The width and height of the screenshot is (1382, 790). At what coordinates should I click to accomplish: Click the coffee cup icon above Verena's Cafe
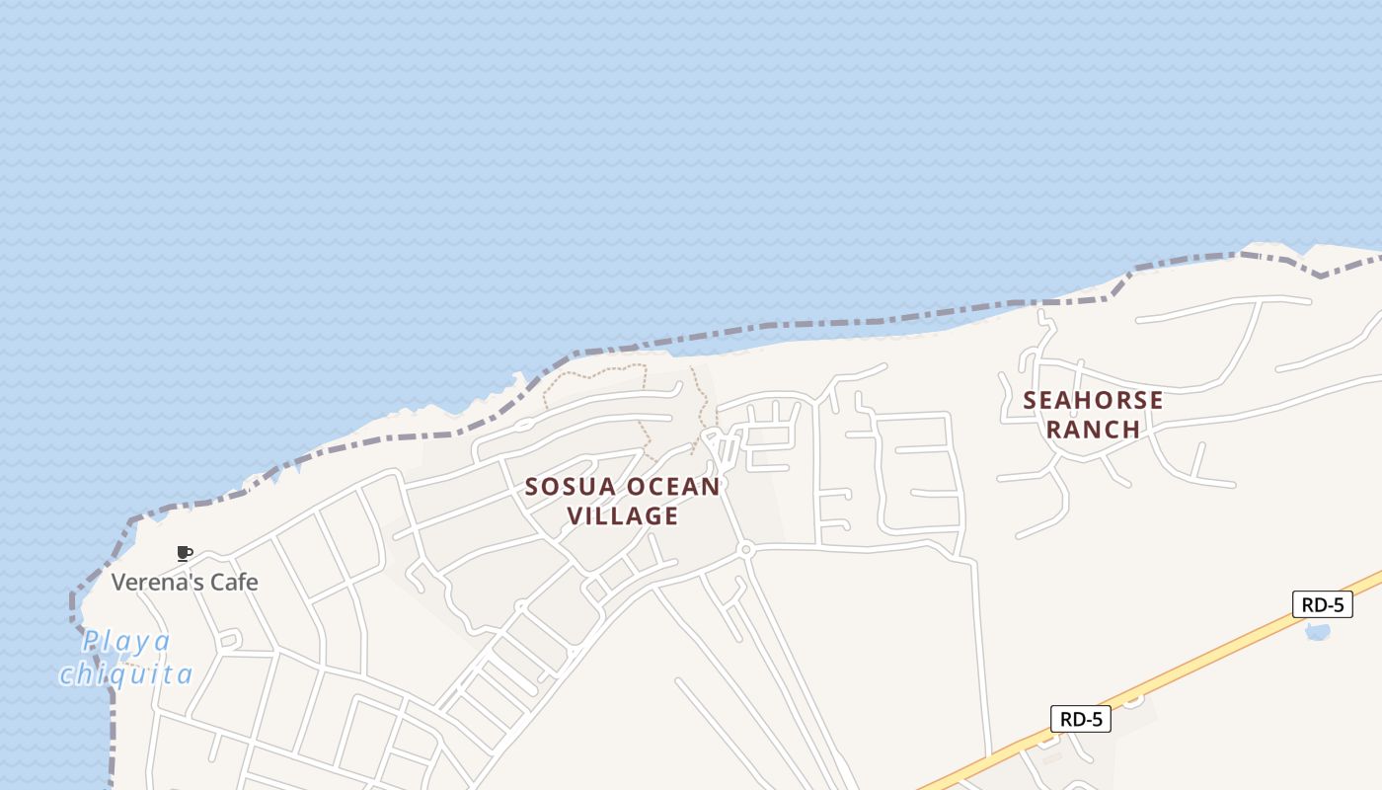184,553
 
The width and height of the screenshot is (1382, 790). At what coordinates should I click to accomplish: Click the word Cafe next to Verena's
235,582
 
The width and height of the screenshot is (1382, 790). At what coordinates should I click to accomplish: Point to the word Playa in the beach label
125,642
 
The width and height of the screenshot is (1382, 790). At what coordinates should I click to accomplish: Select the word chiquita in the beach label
125,674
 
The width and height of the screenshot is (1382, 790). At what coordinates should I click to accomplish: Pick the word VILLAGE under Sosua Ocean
623,515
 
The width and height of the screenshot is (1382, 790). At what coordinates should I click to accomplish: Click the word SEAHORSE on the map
1093,401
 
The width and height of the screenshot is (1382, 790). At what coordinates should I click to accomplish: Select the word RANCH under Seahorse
1093,430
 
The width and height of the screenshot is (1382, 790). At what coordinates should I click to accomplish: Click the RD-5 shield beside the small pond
1322,604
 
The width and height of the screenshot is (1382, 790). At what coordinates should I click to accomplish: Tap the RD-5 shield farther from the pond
1080,719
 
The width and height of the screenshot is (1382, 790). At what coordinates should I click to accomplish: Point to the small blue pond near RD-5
1318,631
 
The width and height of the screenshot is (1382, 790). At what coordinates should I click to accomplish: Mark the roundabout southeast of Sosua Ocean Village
746,549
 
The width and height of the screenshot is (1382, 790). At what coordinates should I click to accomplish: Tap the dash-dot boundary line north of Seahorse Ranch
1185,259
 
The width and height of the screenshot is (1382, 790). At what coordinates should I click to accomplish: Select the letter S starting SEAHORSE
1031,401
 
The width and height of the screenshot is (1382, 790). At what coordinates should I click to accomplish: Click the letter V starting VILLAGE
575,515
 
